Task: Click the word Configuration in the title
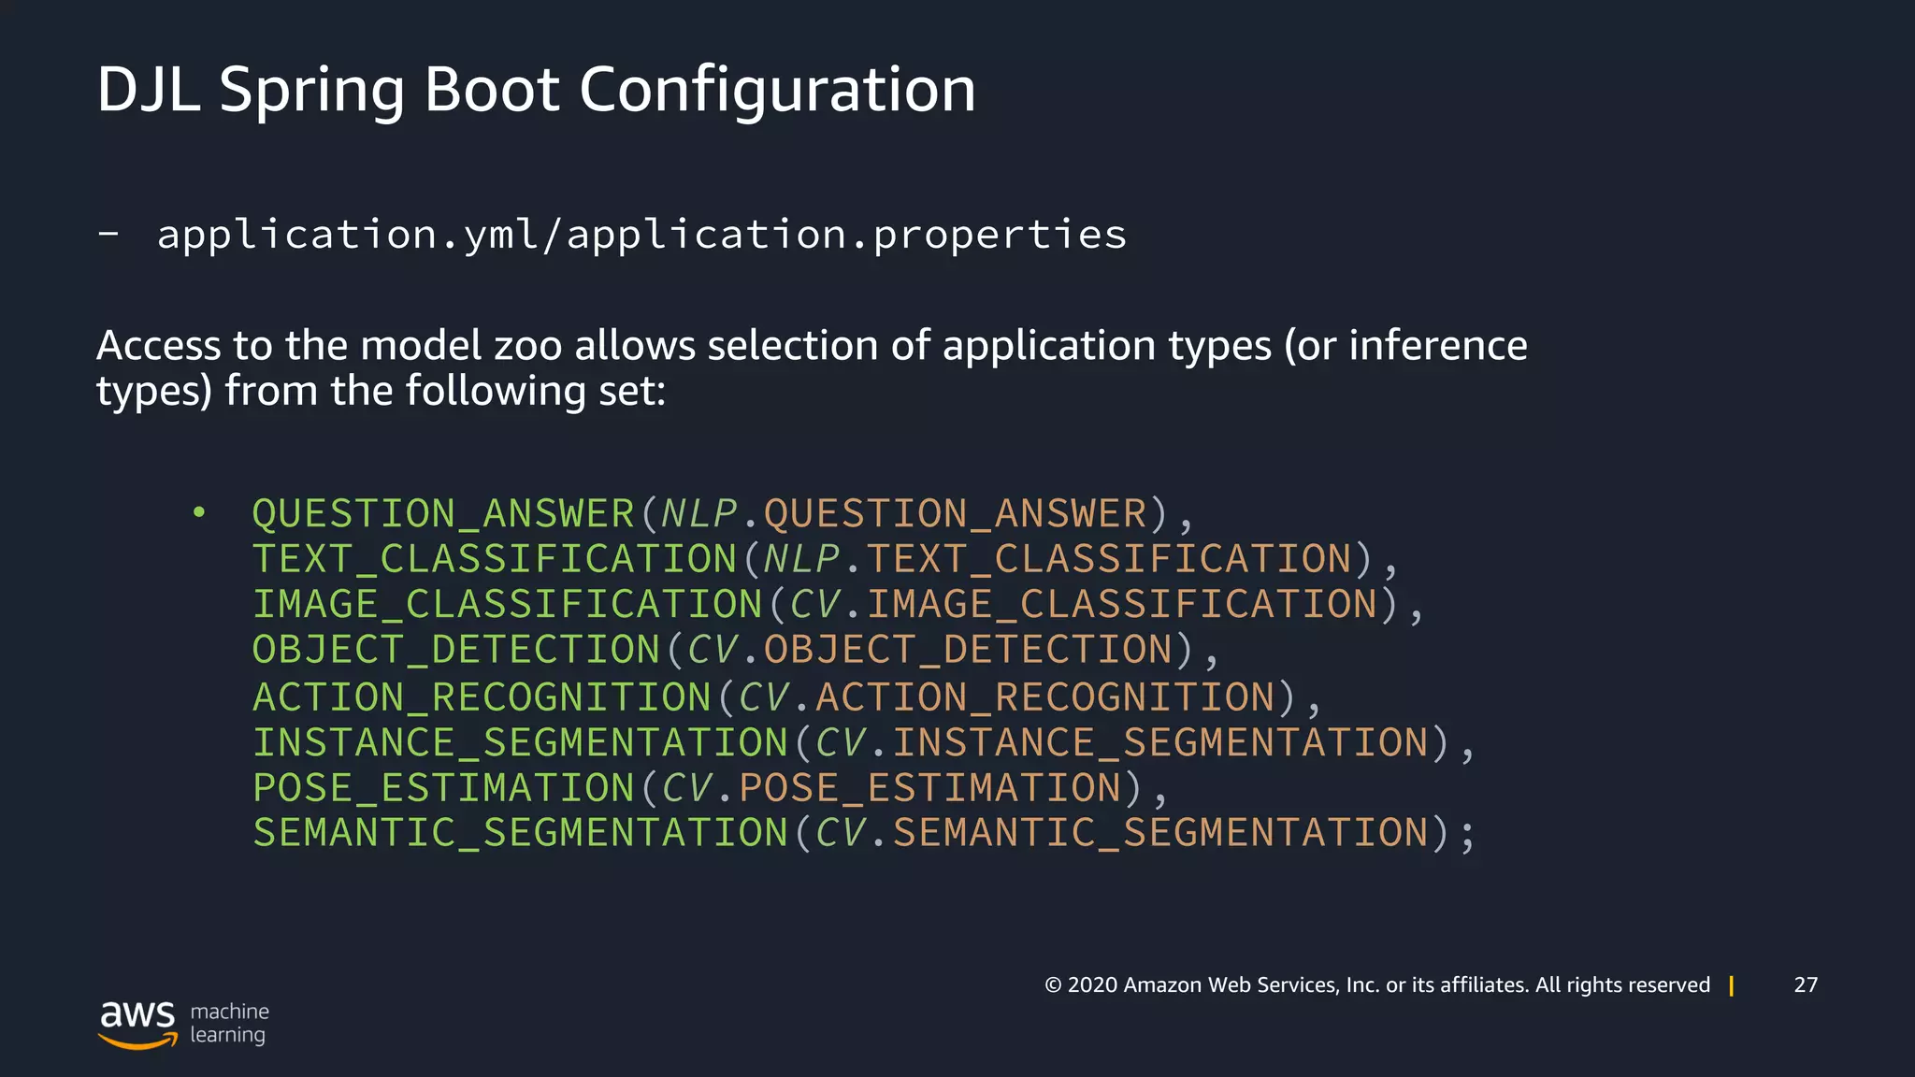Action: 777,91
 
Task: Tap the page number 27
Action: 1806,984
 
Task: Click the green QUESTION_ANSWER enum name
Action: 444,514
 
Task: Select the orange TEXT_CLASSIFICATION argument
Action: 1109,559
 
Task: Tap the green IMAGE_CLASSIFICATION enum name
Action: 508,605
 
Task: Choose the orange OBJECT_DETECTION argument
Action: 969,650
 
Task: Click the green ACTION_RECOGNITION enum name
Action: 482,697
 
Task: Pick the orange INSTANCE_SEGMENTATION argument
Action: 1160,743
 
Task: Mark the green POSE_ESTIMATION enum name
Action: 444,788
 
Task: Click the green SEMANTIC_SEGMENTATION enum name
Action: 521,833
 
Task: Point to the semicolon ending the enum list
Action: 1466,835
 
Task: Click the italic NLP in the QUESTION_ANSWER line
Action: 699,514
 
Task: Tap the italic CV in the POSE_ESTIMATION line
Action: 686,788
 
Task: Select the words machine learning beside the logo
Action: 229,1023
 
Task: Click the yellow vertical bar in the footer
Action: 1732,985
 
